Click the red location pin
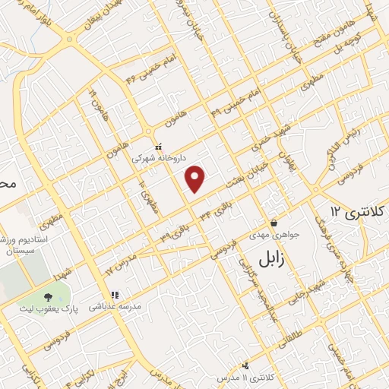coord(196,179)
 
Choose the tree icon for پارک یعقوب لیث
coord(49,297)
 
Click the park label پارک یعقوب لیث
coord(49,309)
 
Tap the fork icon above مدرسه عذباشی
coord(115,296)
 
